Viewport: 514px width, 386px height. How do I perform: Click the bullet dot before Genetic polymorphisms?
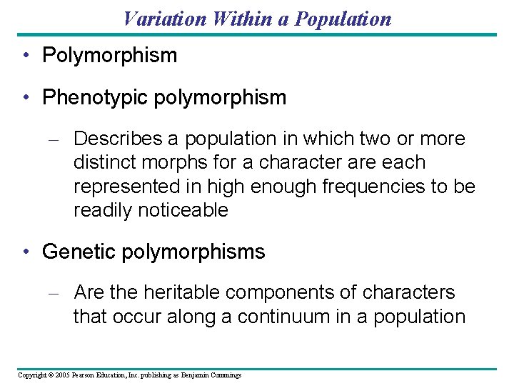click(26, 252)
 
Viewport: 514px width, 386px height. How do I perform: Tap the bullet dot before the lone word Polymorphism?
click(26, 56)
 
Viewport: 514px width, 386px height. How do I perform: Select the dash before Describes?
click(59, 139)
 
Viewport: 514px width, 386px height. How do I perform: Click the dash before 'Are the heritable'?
click(59, 293)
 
